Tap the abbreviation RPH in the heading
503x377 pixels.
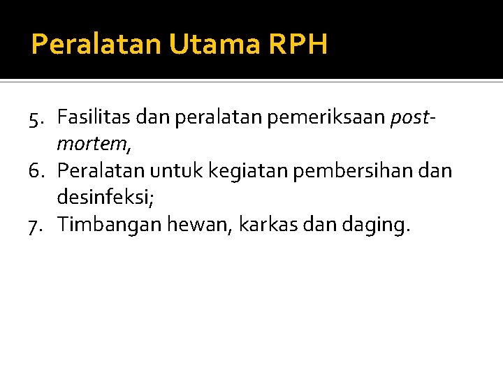click(296, 45)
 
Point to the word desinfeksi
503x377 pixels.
click(105, 198)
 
